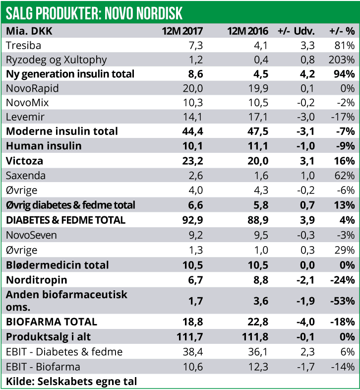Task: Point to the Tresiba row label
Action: click(23, 45)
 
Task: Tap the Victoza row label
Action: click(24, 161)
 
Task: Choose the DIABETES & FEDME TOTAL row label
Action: click(65, 219)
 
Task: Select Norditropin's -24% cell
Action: click(342, 280)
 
